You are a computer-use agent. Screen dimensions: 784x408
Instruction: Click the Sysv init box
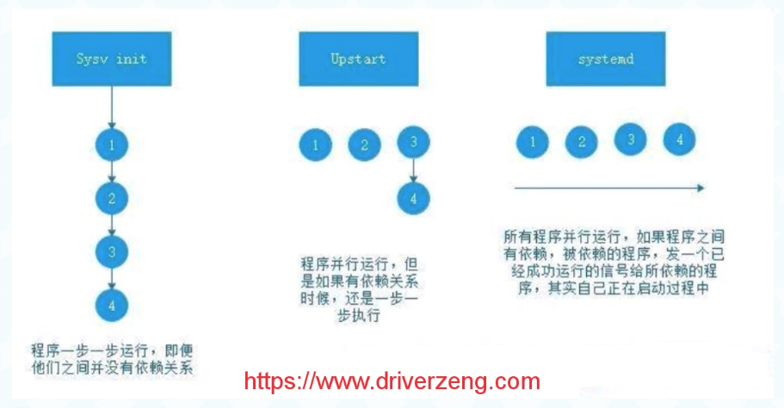111,59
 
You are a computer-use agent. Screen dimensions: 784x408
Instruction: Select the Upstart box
357,59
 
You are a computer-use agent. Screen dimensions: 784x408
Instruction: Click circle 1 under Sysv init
112,145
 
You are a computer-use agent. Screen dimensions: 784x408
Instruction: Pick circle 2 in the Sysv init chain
112,198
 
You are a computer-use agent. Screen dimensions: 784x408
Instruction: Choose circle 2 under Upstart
364,145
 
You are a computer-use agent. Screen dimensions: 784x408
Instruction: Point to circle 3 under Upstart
414,143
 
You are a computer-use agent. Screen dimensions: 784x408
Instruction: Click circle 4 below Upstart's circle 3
414,198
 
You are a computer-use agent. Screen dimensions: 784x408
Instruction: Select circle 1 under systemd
534,140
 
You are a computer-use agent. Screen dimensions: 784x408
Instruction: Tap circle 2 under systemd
582,140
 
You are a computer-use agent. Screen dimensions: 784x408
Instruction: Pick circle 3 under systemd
631,138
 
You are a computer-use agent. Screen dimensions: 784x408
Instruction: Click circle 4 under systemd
679,138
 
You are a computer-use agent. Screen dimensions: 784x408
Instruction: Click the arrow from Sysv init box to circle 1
112,107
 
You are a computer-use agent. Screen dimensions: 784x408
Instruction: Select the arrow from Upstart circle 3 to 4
414,170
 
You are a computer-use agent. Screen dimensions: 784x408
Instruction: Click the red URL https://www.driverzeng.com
392,381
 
